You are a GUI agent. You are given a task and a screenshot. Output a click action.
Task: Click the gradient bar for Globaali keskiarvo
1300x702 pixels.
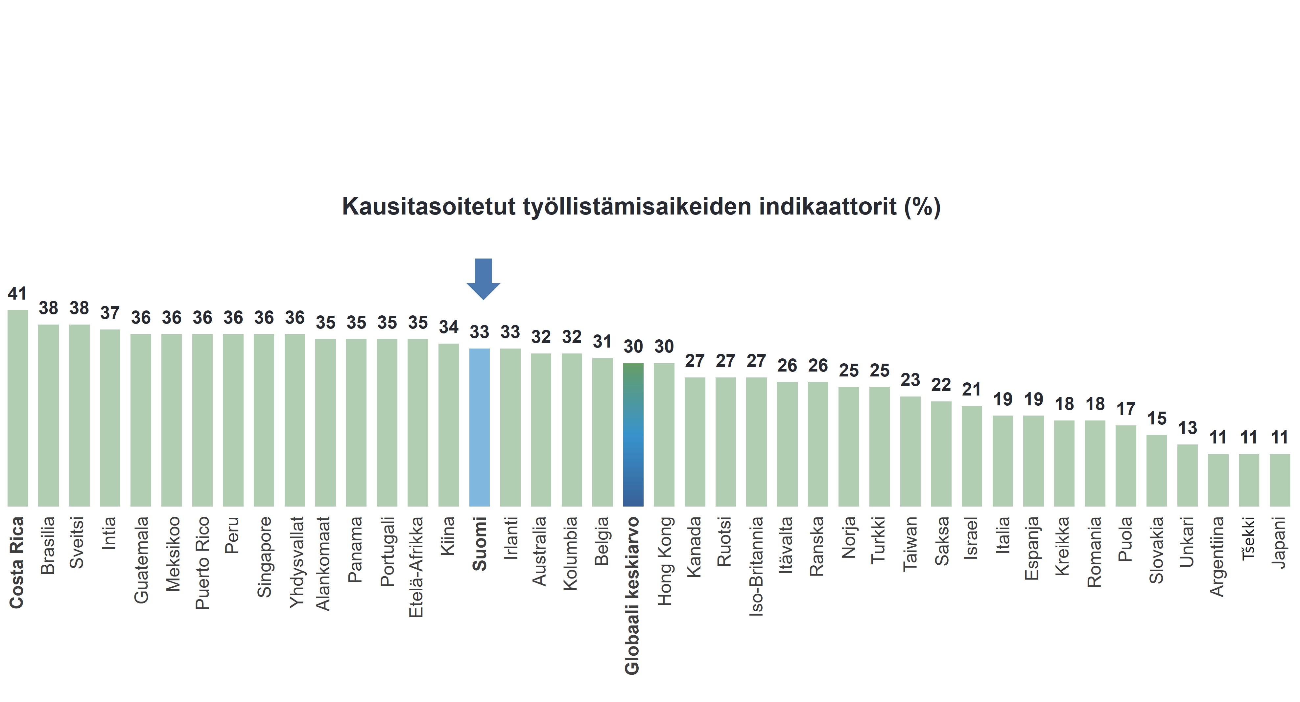pos(633,434)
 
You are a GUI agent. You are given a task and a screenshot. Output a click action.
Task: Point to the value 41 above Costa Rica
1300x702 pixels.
pos(17,293)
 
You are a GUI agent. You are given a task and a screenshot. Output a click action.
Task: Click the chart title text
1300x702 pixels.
pos(641,207)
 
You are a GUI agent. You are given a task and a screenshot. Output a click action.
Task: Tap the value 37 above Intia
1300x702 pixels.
pos(110,313)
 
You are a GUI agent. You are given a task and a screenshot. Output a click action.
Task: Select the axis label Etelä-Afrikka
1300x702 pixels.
pos(417,567)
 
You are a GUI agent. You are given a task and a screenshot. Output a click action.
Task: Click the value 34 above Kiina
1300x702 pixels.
pos(449,327)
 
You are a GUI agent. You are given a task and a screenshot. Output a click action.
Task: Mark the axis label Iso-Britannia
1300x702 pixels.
pos(756,566)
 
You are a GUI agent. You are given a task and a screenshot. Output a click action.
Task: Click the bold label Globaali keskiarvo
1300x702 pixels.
pos(633,595)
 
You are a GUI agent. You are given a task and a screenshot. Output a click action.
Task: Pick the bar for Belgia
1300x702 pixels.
pos(603,432)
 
